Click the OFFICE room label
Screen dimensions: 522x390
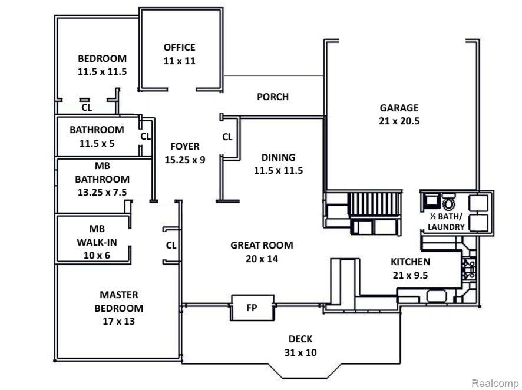pos(179,47)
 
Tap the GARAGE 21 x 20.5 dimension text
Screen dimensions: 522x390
pos(399,121)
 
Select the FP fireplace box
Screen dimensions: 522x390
pos(252,308)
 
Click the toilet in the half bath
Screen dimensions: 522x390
pos(448,203)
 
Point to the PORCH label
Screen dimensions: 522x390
pos(273,97)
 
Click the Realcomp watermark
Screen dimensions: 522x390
pos(495,384)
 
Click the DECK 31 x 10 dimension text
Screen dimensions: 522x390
pos(300,352)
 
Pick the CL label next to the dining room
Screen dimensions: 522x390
pos(227,137)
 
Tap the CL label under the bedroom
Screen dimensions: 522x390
pos(87,107)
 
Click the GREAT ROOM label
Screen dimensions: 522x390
pos(262,245)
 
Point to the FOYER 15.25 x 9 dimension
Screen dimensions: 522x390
pos(185,160)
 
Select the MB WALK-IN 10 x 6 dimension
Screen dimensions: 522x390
pos(97,255)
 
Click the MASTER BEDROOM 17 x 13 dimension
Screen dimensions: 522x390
pos(119,321)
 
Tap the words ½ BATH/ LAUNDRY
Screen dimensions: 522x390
pos(446,222)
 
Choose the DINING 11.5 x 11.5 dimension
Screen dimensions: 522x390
pos(278,170)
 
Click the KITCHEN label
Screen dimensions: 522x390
pos(410,262)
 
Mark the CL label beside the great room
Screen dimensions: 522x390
pos(171,245)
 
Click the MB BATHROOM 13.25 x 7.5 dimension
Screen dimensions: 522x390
pos(102,192)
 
